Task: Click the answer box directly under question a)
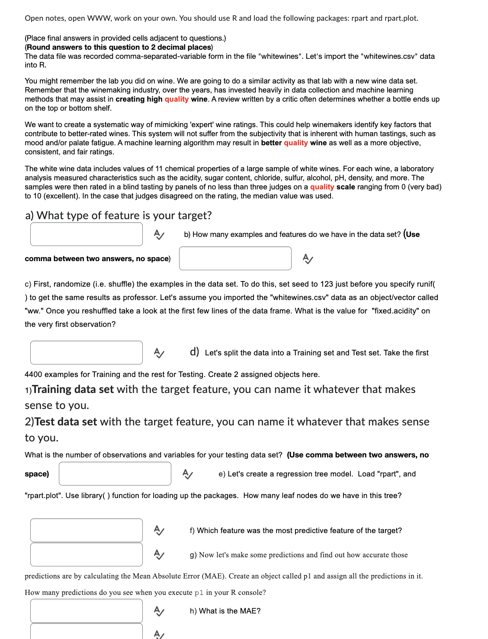tap(86, 234)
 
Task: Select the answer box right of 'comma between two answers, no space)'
tap(235, 258)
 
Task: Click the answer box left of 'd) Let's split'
tap(86, 352)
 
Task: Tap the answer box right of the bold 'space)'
tap(115, 473)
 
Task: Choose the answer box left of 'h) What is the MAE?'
tap(86, 610)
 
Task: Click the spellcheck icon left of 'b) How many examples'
tap(159, 234)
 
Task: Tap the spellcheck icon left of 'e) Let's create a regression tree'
tap(188, 474)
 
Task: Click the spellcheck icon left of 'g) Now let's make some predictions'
tap(159, 554)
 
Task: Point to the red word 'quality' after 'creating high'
tap(177, 99)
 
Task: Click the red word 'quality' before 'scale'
tap(322, 187)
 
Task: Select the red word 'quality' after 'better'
tap(296, 143)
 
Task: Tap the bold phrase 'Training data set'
tap(73, 390)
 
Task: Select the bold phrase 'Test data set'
tap(65, 422)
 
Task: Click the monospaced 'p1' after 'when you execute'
tap(199, 593)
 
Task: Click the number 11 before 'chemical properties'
tap(159, 169)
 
